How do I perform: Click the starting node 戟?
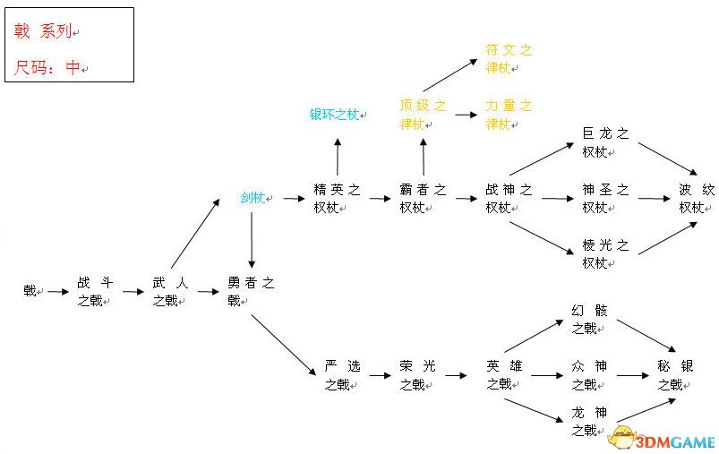pyautogui.click(x=30, y=291)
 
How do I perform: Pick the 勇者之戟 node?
pyautogui.click(x=250, y=291)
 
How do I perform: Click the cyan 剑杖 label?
pyautogui.click(x=253, y=198)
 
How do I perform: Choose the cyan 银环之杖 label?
pyautogui.click(x=335, y=115)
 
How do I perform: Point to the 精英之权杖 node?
pyautogui.click(x=336, y=198)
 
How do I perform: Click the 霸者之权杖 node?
pyautogui.click(x=422, y=198)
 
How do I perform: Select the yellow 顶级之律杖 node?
pyautogui.click(x=422, y=115)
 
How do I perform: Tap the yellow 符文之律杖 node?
pyautogui.click(x=508, y=59)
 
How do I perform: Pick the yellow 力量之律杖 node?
pyautogui.click(x=508, y=115)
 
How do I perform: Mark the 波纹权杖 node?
pyautogui.click(x=697, y=198)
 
